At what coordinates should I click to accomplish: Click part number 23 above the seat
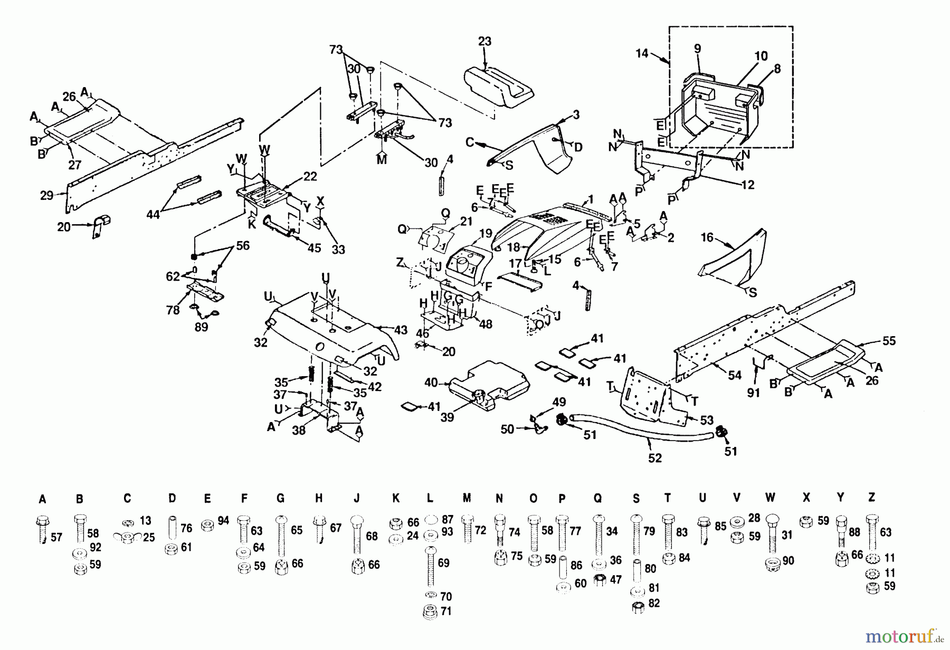click(484, 41)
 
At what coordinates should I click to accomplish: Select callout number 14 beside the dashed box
click(641, 53)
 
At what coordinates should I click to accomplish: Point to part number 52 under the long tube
click(654, 458)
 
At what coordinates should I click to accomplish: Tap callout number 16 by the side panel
click(707, 237)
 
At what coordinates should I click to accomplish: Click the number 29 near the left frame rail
click(47, 196)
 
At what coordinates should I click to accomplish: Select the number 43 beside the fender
click(401, 330)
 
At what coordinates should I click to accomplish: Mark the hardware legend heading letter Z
click(871, 497)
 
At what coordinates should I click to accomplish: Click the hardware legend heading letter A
click(42, 499)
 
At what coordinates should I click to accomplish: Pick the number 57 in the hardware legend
click(56, 537)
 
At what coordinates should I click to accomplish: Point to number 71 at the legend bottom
click(446, 611)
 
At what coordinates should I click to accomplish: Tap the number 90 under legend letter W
click(788, 561)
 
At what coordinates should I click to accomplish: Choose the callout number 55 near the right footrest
click(889, 341)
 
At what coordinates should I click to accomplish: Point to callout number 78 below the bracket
click(173, 310)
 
